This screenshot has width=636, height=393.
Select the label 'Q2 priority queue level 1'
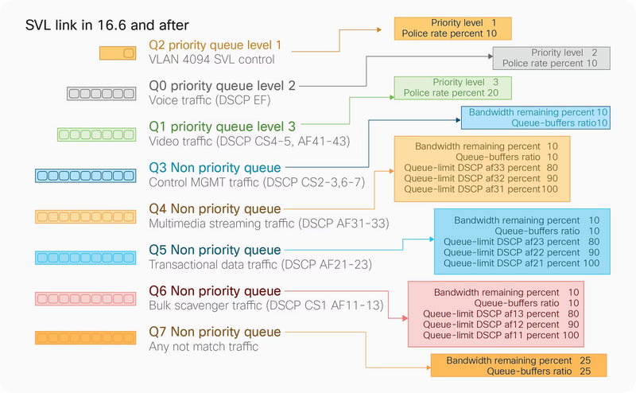click(x=215, y=45)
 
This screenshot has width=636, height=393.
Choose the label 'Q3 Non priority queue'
click(x=215, y=168)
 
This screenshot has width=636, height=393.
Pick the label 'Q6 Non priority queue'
click(x=215, y=290)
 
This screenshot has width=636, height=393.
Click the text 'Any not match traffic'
click(x=204, y=346)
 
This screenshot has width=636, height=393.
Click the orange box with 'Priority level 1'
click(x=452, y=29)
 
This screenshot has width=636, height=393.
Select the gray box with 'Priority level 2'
click(x=550, y=57)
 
